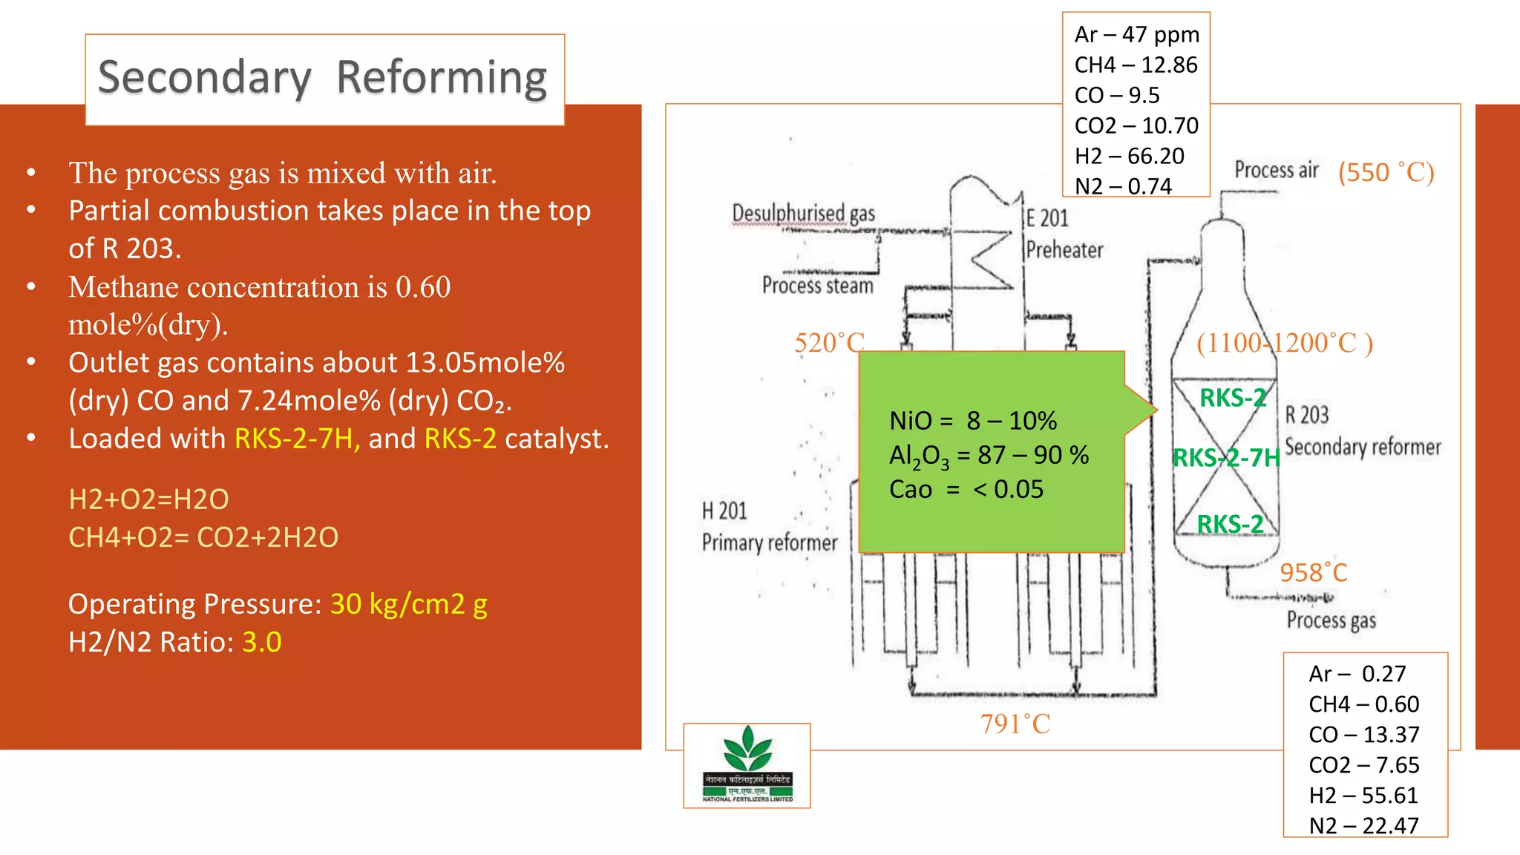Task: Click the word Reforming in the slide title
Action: point(442,78)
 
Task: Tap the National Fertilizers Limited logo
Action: point(747,764)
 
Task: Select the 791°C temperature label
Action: point(1015,724)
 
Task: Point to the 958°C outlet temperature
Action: point(1313,573)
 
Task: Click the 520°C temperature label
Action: point(829,343)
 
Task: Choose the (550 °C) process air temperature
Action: point(1386,172)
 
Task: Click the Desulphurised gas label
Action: point(803,214)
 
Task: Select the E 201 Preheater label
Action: point(1064,234)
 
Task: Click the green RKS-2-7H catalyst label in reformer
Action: point(1226,458)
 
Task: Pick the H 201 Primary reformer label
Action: point(769,527)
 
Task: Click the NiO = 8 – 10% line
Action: point(972,421)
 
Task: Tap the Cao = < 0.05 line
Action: point(966,490)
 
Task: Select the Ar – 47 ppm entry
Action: point(1136,35)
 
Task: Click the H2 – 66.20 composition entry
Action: point(1129,156)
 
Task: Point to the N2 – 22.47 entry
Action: point(1363,825)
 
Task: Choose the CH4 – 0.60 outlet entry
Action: point(1363,704)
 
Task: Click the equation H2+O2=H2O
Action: point(148,499)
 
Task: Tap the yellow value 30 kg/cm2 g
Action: point(408,604)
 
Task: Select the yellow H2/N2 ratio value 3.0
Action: point(262,642)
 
